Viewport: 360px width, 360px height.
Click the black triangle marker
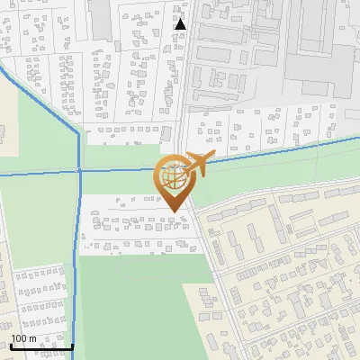coord(181,23)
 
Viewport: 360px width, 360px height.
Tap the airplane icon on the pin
coord(197,164)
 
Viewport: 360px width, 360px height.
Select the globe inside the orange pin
coord(171,177)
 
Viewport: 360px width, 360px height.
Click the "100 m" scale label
coord(23,338)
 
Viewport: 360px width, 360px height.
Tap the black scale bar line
coord(41,346)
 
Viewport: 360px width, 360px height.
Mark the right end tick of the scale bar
coord(72,345)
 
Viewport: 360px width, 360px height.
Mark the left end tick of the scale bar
coord(10,345)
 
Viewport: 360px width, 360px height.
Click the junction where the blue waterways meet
coord(79,170)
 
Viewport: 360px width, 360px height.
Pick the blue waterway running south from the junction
coord(78,261)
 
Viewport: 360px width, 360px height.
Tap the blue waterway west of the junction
coord(36,172)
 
